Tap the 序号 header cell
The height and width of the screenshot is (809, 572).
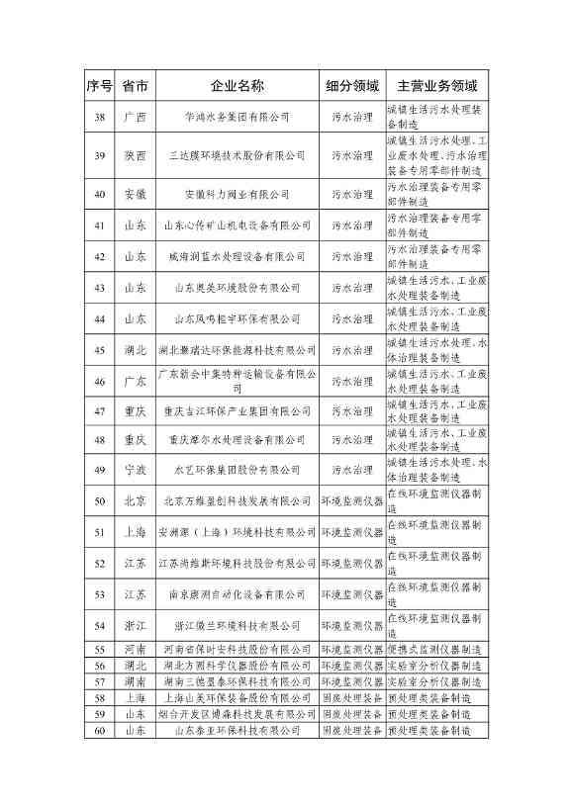[x=99, y=85]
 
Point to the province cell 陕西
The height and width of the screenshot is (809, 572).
[x=135, y=156]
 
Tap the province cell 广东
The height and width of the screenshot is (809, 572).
[x=135, y=381]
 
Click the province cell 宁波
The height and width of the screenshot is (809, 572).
[x=135, y=471]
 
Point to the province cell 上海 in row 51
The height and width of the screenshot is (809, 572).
[x=135, y=533]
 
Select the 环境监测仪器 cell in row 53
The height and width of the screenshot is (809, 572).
[x=351, y=595]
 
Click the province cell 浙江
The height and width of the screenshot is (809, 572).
[x=135, y=626]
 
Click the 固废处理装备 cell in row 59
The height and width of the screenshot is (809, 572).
[x=351, y=714]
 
